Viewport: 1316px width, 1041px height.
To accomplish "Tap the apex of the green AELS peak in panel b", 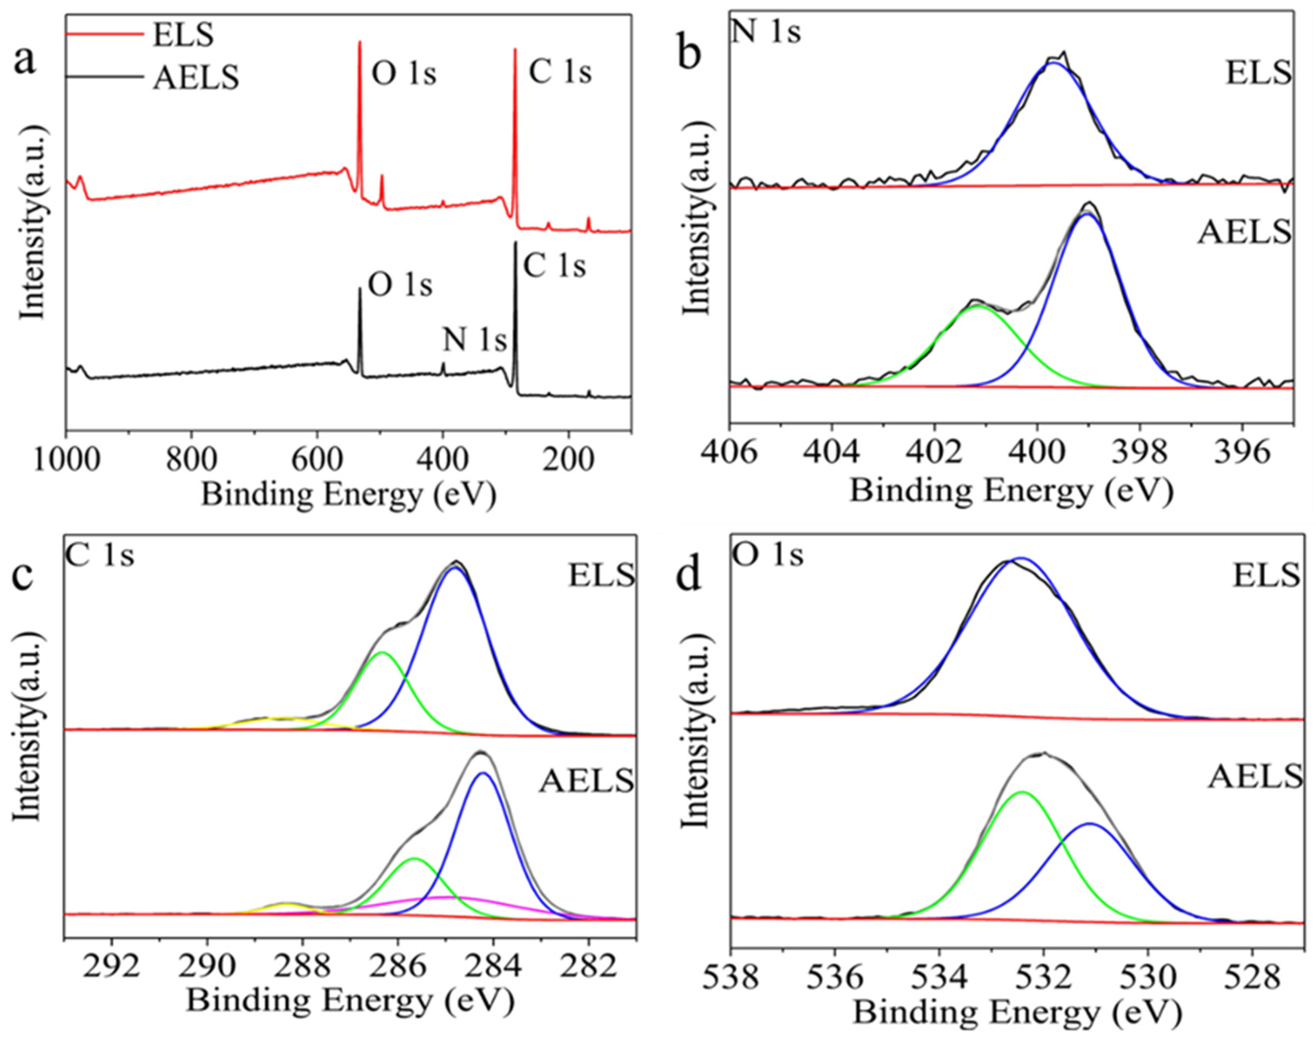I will tap(978, 306).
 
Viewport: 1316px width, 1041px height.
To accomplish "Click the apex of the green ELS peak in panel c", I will tap(382, 652).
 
